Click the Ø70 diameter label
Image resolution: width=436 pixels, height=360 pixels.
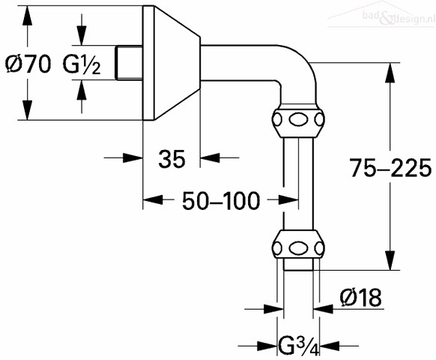pyautogui.click(x=28, y=64)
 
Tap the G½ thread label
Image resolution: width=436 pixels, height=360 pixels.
pyautogui.click(x=82, y=64)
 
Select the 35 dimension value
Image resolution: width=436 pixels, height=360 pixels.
pyautogui.click(x=172, y=159)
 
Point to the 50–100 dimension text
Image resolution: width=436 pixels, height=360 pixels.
pyautogui.click(x=221, y=201)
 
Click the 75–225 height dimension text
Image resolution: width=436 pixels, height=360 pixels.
pyautogui.click(x=390, y=168)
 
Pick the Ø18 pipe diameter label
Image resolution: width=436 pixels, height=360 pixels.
pyautogui.click(x=360, y=297)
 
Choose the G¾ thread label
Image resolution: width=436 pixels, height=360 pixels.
pyautogui.click(x=299, y=346)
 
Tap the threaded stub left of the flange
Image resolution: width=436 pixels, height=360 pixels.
pyautogui.click(x=129, y=63)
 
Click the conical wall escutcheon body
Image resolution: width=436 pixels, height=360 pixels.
pyautogui.click(x=171, y=63)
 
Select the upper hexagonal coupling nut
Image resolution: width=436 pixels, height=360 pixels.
pyautogui.click(x=298, y=120)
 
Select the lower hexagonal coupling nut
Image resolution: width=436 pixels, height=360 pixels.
pyautogui.click(x=298, y=244)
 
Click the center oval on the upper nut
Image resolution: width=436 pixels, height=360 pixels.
pyautogui.click(x=298, y=120)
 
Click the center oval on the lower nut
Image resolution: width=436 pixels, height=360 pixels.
pyautogui.click(x=298, y=247)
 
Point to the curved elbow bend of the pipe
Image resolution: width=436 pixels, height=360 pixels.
pyautogui.click(x=300, y=63)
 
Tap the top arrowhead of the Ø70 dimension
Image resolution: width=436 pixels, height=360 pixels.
pyautogui.click(x=27, y=16)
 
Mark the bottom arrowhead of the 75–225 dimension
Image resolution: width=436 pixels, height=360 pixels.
pyautogui.click(x=390, y=260)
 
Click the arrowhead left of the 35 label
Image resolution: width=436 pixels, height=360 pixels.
pyautogui.click(x=133, y=157)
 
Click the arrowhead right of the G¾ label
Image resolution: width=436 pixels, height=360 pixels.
pyautogui.click(x=330, y=346)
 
